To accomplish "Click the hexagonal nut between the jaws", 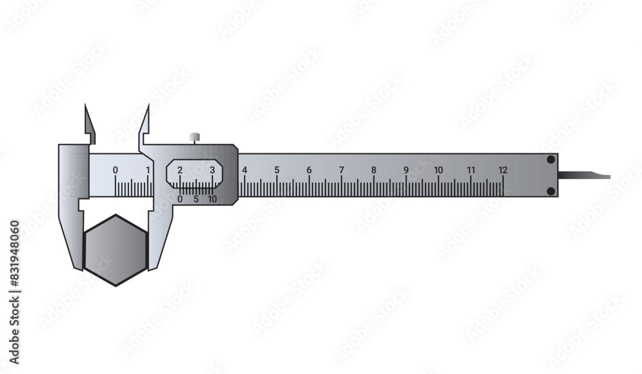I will click(x=116, y=250).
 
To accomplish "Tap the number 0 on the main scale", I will click(x=116, y=170).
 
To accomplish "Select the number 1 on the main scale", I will click(x=148, y=170).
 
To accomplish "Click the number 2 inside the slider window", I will click(x=180, y=170).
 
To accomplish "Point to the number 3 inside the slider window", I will click(x=213, y=170).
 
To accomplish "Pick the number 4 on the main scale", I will click(x=245, y=170).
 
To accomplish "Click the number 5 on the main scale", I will click(x=277, y=170).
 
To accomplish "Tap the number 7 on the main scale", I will click(x=342, y=170).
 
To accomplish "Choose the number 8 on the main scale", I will click(x=374, y=170).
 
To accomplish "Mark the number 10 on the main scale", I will click(x=438, y=170).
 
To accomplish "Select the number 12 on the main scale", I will click(x=503, y=170).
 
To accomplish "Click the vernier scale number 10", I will click(x=212, y=199).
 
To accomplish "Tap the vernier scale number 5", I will click(x=196, y=199).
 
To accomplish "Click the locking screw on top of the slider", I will click(x=194, y=137).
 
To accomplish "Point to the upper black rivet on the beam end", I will click(x=551, y=160).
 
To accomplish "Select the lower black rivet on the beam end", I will click(x=551, y=191).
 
